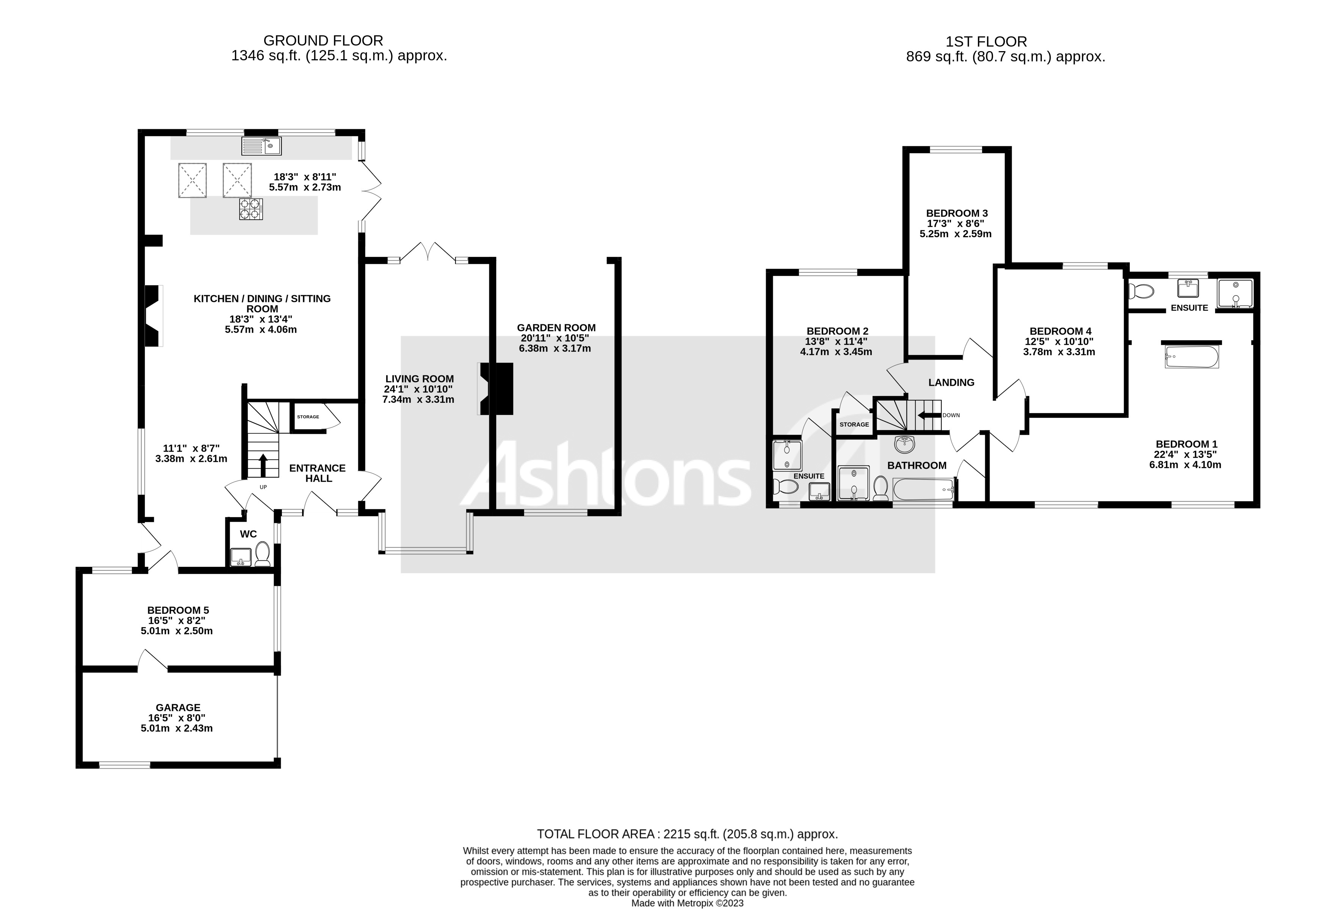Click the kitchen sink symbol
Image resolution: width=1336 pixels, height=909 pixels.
[261, 146]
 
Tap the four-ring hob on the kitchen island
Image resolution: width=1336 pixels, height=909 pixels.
[251, 208]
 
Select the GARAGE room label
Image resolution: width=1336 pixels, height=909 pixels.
[178, 707]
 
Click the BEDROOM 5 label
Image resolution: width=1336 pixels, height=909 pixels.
[178, 610]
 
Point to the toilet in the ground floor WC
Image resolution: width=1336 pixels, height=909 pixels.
[263, 553]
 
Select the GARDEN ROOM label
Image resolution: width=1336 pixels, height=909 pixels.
[556, 327]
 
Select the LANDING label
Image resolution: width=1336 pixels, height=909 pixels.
[951, 382]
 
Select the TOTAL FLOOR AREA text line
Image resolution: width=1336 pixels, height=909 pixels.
[687, 834]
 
